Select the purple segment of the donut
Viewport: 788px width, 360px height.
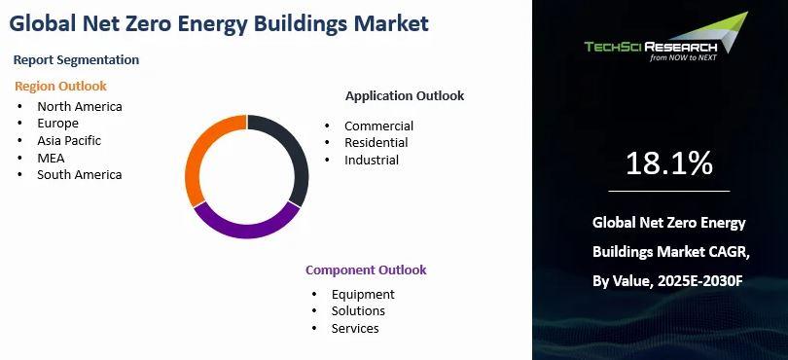coord(246,228)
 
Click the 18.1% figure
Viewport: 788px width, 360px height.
coord(669,163)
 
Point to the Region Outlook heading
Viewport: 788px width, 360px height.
coord(60,86)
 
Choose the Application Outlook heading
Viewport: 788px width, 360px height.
coord(405,95)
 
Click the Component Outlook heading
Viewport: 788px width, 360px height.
coord(366,270)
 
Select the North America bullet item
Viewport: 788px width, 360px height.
coord(80,107)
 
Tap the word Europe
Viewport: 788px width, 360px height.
coord(57,124)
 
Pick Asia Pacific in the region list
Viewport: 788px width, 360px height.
coord(69,141)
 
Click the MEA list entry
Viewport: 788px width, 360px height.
coord(51,158)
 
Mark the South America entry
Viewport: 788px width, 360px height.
coord(80,175)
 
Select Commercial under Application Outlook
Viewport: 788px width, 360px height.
coord(379,126)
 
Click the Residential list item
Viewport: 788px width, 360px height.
coord(376,143)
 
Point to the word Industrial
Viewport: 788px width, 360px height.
coord(372,160)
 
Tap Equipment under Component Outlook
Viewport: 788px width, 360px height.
coord(363,294)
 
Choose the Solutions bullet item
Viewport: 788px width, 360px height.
coord(358,310)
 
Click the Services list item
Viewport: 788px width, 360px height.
coord(355,328)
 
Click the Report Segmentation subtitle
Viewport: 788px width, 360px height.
coord(76,59)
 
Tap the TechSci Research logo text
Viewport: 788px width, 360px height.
coord(651,48)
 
